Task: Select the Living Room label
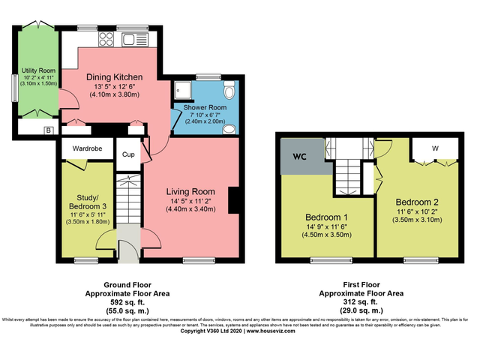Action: pos(190,191)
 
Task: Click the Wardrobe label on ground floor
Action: pos(87,148)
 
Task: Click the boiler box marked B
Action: pos(48,130)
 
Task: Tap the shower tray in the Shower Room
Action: pos(181,90)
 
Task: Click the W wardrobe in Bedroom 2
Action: pos(434,148)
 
